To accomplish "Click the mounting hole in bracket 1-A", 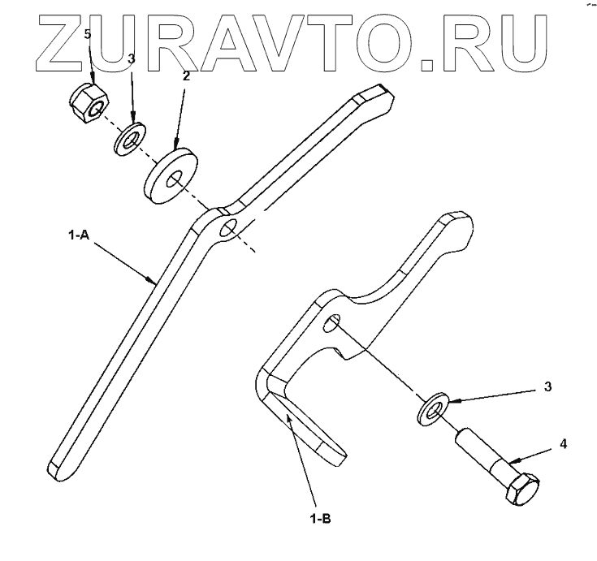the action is [229, 227].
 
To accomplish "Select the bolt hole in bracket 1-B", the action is [331, 325].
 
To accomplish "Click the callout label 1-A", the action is [78, 237].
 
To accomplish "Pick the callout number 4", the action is [563, 445].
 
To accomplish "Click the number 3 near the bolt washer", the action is [547, 387].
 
